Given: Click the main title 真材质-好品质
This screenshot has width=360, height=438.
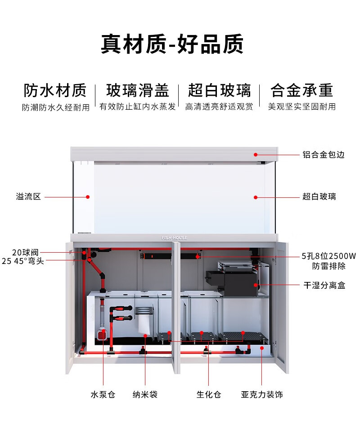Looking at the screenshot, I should coord(172,44).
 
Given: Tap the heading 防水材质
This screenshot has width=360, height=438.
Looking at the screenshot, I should coord(55,90).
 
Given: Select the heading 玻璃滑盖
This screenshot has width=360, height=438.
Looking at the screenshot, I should coord(138,90).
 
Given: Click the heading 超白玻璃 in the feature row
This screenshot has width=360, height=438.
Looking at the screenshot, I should coord(220,90).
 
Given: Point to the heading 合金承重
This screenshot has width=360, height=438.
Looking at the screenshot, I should coord(302,90).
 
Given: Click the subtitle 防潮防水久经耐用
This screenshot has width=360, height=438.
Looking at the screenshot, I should coord(56,107).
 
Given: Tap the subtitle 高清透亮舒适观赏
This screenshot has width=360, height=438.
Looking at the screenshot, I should coord(219,107).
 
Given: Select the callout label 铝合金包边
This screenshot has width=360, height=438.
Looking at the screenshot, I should coord(323,155).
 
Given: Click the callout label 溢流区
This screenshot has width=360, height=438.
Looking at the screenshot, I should coord(28,197).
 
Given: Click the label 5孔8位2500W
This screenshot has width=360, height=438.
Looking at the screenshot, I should coord(328,256).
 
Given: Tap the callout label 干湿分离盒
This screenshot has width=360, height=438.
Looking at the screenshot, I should coord(324,285).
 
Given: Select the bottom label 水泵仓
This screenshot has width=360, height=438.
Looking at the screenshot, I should coord(103,395).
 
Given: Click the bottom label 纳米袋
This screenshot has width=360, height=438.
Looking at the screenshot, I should coord(145,395).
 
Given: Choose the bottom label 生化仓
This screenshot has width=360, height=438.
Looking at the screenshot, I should coord(209,395).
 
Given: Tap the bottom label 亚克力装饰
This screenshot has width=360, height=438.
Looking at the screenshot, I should coord(262,395).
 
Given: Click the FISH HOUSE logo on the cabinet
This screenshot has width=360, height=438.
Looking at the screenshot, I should coord(175,238).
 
